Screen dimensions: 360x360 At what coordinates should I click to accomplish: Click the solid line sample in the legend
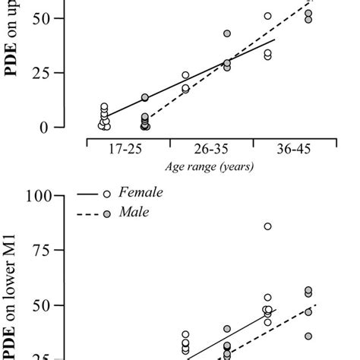[x=88, y=194]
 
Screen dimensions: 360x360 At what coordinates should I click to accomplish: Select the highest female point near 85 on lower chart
[x=267, y=226]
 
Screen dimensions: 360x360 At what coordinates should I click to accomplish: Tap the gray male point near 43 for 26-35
[x=226, y=33]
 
